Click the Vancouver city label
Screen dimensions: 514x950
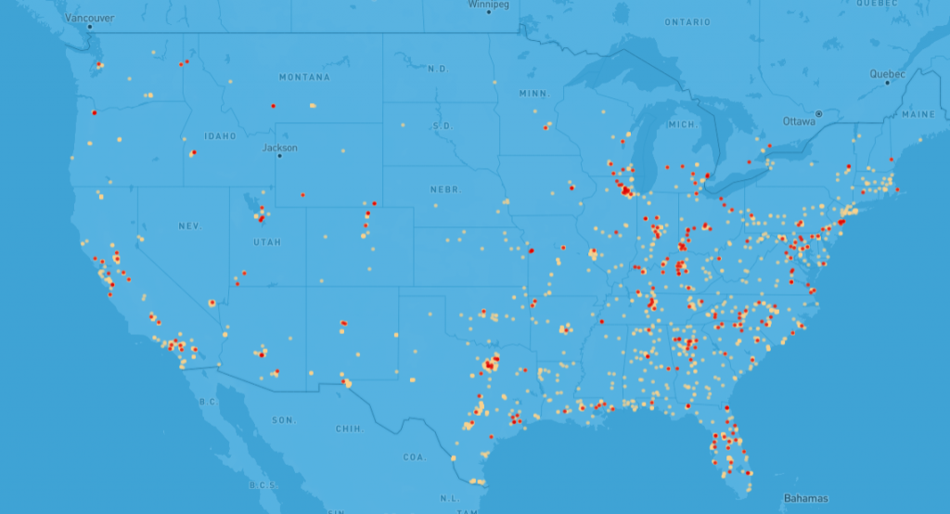point(91,18)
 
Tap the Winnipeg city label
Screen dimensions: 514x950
point(489,5)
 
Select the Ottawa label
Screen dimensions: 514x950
point(799,121)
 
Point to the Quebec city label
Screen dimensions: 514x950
point(887,73)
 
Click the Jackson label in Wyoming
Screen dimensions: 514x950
point(279,148)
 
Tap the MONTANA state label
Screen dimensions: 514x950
point(304,77)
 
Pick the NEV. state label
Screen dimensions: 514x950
point(189,226)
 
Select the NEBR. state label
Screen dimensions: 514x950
point(445,189)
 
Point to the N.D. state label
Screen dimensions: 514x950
point(436,69)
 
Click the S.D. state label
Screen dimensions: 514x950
point(443,125)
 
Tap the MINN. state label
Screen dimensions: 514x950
point(534,94)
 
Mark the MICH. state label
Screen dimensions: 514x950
point(682,124)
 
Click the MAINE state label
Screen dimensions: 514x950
point(918,115)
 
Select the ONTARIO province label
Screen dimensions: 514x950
point(687,22)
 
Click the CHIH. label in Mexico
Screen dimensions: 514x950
point(349,429)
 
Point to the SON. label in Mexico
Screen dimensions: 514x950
point(283,420)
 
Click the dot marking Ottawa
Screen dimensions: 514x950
point(819,113)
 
